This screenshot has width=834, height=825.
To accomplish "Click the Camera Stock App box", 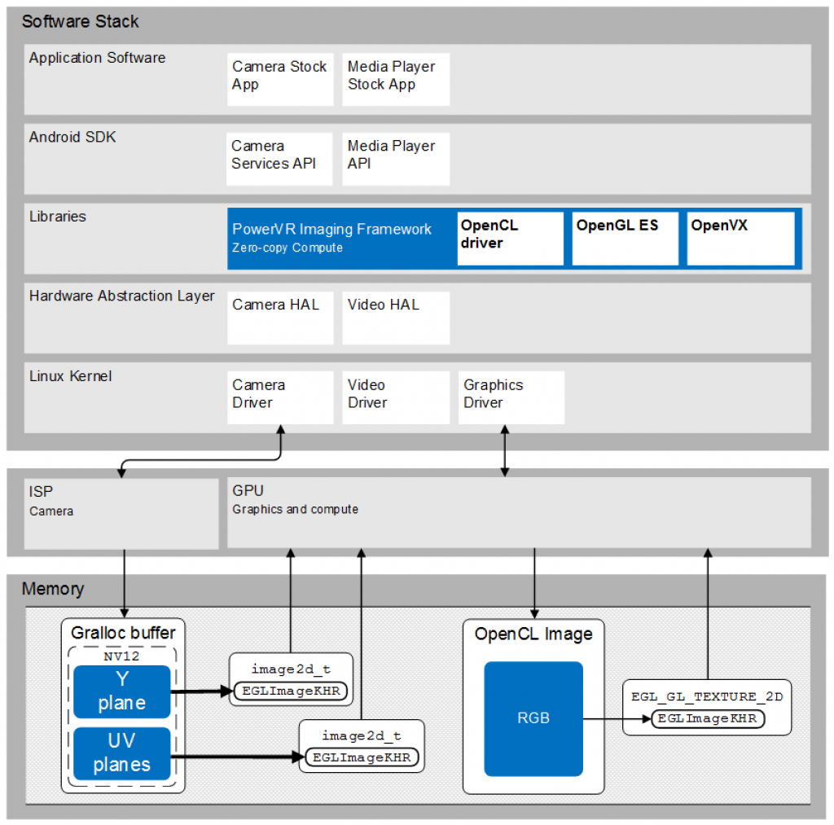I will (x=280, y=79).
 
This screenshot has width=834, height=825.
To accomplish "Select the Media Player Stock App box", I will (x=395, y=79).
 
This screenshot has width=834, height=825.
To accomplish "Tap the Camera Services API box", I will (x=279, y=159).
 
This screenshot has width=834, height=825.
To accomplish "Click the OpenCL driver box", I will (x=510, y=238).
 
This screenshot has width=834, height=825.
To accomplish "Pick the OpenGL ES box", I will (x=625, y=238).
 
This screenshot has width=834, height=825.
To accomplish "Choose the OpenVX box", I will (x=740, y=238).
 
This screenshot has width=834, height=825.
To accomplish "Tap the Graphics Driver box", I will (x=511, y=397).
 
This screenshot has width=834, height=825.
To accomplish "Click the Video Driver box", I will (x=395, y=397).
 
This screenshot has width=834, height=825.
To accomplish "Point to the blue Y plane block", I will (x=122, y=691).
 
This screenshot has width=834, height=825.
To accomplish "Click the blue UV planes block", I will (x=122, y=753).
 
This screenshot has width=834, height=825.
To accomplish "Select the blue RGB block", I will (x=533, y=717).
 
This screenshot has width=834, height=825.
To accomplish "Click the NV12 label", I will (x=122, y=656).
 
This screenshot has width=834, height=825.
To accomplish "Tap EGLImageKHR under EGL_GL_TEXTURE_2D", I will (x=707, y=718).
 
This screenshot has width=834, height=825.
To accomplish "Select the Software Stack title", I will (x=80, y=22).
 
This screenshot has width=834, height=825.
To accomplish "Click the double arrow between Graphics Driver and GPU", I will (x=505, y=450).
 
